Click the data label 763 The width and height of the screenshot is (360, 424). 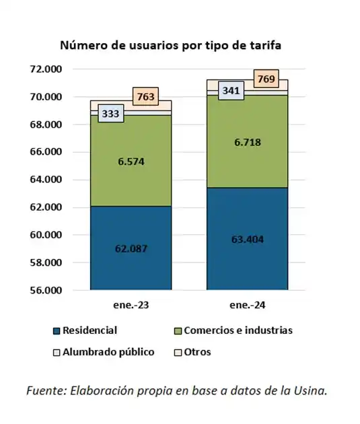[145, 97]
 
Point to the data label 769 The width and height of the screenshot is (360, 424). [266, 79]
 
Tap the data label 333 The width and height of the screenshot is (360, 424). [111, 114]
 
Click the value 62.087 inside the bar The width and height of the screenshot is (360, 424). [131, 248]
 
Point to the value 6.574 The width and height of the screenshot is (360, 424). [131, 162]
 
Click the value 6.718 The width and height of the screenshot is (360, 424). [247, 142]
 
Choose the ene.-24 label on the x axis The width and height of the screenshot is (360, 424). [247, 305]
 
